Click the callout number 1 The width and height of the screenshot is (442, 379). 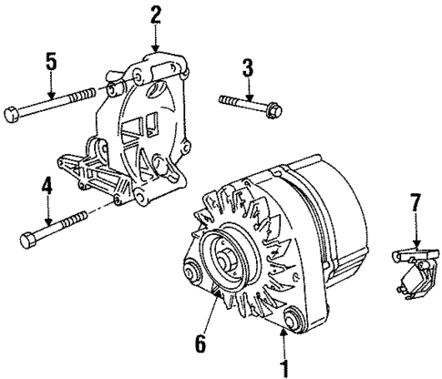point(284,369)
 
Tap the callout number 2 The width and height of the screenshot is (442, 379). point(156,13)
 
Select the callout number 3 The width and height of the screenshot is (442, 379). point(246,66)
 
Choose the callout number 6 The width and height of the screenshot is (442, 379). point(200,343)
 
